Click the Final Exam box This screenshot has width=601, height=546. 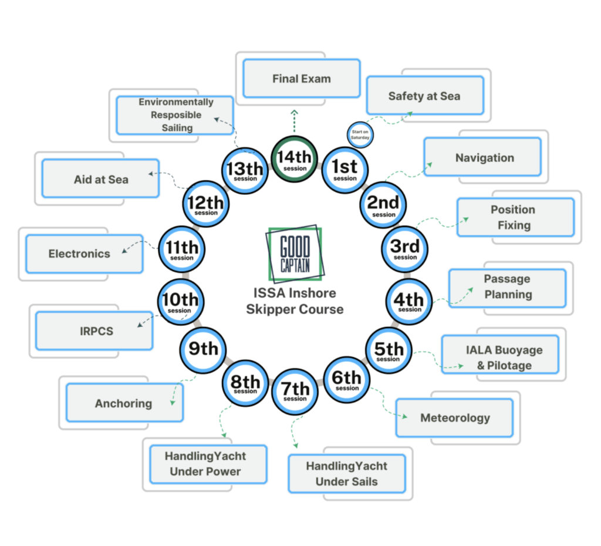click(301, 79)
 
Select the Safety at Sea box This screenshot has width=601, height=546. click(424, 96)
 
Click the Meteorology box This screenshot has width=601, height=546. click(454, 418)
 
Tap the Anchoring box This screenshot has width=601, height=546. click(124, 403)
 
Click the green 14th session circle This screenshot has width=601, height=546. click(295, 159)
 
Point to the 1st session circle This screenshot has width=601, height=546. click(345, 169)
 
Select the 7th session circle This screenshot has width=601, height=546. click(295, 391)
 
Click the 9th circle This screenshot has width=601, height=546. click(202, 349)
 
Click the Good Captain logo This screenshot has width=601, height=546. click(295, 254)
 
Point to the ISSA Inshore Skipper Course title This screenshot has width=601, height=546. click(295, 301)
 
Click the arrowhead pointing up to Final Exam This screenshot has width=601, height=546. click(294, 112)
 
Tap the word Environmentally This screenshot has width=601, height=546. click(176, 102)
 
